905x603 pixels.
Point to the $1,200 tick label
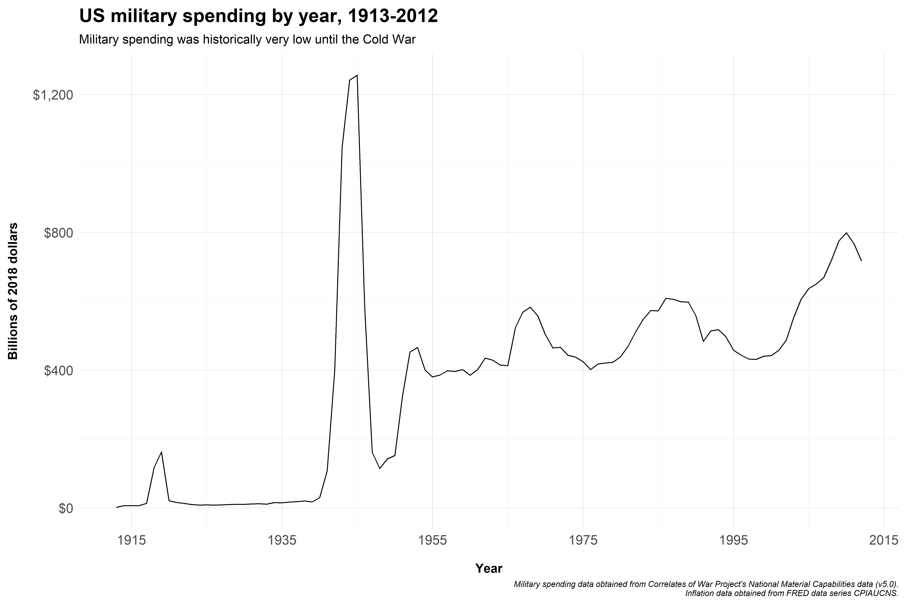point(53,95)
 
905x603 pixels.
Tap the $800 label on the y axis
point(58,233)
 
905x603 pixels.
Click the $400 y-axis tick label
point(58,371)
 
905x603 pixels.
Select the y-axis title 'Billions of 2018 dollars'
point(13,291)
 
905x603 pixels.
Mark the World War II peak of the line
point(357,75)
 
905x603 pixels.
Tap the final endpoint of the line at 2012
point(861,261)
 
